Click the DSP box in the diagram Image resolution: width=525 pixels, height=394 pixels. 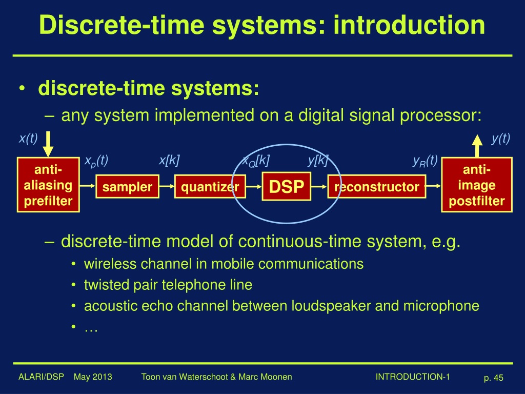(x=287, y=187)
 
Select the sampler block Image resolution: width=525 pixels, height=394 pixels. (x=127, y=187)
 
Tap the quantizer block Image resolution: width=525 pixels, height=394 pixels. (x=210, y=187)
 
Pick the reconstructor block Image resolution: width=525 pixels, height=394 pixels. (x=376, y=187)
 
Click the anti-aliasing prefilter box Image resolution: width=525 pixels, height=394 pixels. (x=48, y=185)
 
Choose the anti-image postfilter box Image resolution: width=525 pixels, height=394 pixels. (x=477, y=185)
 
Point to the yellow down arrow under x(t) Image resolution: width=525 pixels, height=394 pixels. (x=48, y=145)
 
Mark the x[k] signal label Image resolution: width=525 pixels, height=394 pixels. (x=169, y=161)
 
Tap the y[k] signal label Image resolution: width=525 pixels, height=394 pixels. (x=317, y=161)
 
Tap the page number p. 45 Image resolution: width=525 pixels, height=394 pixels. (x=493, y=378)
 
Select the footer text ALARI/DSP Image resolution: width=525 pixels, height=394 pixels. (x=41, y=377)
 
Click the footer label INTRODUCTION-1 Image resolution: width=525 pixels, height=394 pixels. (x=413, y=377)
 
